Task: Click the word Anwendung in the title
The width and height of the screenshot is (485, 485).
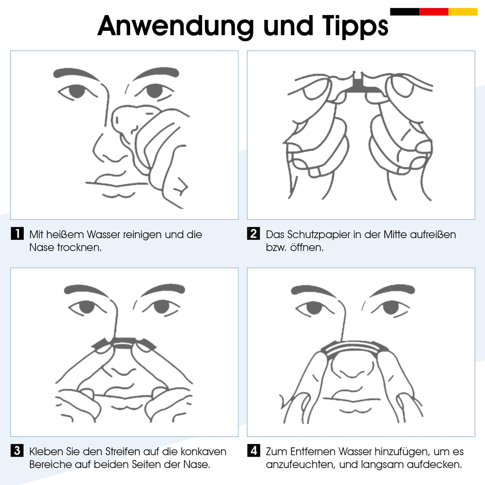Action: point(175,26)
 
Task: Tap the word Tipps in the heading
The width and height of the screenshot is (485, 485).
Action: point(355,26)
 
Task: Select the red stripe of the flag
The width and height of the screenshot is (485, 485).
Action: point(434,12)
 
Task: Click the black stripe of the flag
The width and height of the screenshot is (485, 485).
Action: point(405,12)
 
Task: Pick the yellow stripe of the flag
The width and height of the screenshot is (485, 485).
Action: point(463,12)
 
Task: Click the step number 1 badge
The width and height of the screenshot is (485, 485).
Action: point(17,233)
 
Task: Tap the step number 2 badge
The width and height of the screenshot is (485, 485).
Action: point(254,233)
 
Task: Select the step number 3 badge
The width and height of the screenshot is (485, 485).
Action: point(17,450)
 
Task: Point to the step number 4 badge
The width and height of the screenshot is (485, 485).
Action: point(254,450)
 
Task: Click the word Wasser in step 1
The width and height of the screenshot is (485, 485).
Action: point(104,234)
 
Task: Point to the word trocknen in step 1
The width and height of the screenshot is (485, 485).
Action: point(79,248)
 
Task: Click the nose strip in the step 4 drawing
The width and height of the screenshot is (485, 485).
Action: point(354,347)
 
